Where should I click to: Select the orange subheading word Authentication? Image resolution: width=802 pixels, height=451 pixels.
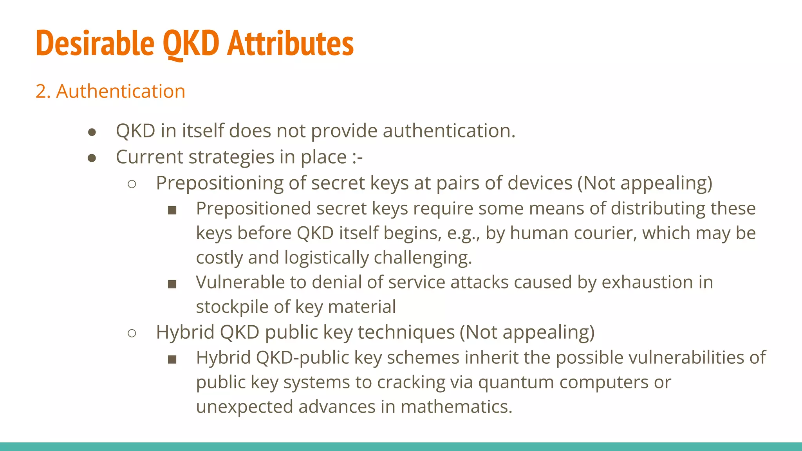tap(121, 91)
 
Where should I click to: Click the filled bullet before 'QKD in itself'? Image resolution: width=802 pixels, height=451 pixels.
tap(92, 132)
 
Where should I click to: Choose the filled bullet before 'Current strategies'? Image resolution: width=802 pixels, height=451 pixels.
tap(92, 158)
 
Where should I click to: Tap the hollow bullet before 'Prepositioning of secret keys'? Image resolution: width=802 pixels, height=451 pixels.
tap(132, 184)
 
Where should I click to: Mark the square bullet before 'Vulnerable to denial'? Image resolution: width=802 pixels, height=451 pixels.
tap(172, 284)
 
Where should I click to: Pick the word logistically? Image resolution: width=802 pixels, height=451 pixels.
tap(327, 258)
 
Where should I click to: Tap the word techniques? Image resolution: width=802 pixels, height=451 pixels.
tap(406, 332)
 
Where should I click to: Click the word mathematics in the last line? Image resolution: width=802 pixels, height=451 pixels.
tap(456, 407)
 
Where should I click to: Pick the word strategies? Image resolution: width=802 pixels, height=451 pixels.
tap(231, 157)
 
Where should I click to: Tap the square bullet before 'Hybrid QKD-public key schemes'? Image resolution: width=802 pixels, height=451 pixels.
tap(172, 359)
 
